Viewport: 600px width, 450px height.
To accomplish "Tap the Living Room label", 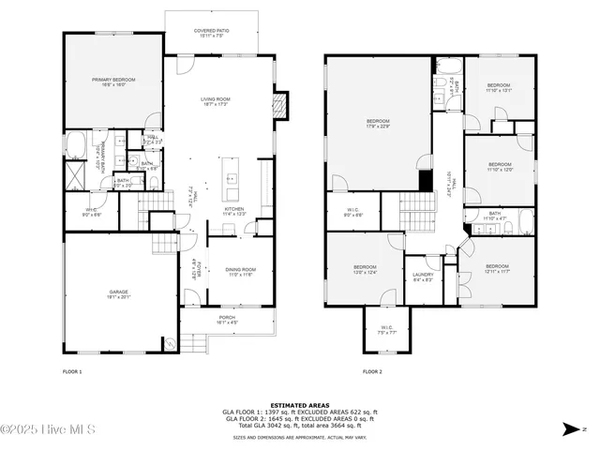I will [x=216, y=101].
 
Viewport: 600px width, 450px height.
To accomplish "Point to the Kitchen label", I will [x=233, y=211].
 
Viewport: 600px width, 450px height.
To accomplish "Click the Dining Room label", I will [x=242, y=272].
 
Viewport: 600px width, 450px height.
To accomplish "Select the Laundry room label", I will [x=423, y=277].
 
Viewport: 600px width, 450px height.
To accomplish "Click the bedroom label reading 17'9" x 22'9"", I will [x=378, y=125].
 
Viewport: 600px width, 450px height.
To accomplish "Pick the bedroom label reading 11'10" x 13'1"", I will [x=499, y=89].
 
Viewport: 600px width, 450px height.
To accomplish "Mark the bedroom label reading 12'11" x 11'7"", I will [x=497, y=269].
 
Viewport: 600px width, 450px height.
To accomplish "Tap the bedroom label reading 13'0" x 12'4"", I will [x=365, y=269].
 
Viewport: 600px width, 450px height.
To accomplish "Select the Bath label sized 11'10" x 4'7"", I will [x=495, y=216].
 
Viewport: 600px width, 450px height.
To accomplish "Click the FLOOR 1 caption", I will [x=72, y=372].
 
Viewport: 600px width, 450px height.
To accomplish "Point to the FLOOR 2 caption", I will [x=372, y=372].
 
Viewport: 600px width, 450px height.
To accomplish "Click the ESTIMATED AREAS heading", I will [x=299, y=405].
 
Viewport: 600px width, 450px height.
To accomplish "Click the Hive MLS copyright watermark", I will [x=44, y=430].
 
